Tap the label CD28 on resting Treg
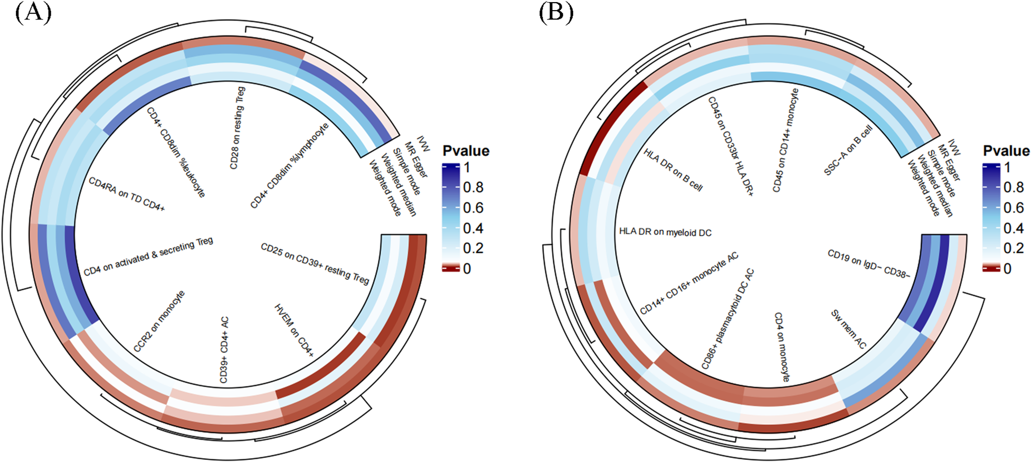tap(237, 128)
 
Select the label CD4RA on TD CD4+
tap(127, 194)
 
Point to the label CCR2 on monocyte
tap(159, 321)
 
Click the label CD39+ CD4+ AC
tap(224, 349)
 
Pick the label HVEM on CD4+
tap(294, 330)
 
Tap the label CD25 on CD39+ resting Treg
tap(315, 263)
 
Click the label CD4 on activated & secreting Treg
tap(148, 256)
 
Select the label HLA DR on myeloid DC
tap(665, 232)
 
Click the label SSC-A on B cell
tap(848, 150)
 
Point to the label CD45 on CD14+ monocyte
tap(785, 140)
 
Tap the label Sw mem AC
tap(849, 329)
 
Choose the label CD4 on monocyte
tap(782, 347)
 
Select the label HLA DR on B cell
tap(673, 169)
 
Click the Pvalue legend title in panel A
tap(466, 151)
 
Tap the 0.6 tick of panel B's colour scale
tap(1013, 207)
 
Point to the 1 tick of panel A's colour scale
tap(467, 167)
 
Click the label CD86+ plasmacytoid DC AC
tap(727, 319)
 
